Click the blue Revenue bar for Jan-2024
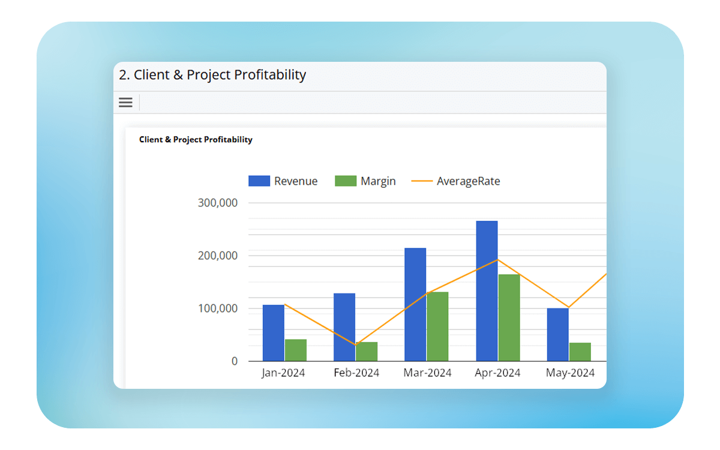(x=274, y=333)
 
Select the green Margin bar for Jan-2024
(x=296, y=350)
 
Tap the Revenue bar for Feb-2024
(x=344, y=327)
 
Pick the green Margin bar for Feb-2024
(x=367, y=352)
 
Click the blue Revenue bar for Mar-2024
(x=415, y=305)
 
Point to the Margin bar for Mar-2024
(x=437, y=326)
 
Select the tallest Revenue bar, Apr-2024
(x=487, y=291)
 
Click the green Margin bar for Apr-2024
(x=509, y=318)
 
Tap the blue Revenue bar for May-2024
(x=557, y=335)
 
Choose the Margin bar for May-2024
(x=580, y=352)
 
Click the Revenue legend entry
(x=283, y=181)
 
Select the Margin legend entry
(x=365, y=181)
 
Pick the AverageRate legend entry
(x=456, y=181)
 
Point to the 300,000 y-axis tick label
(x=218, y=203)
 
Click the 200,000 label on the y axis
(x=218, y=256)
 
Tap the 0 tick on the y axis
(x=234, y=361)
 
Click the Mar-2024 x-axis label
(x=427, y=373)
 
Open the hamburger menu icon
(x=125, y=103)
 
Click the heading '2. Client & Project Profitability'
(x=212, y=75)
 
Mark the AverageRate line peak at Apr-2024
(x=497, y=260)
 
